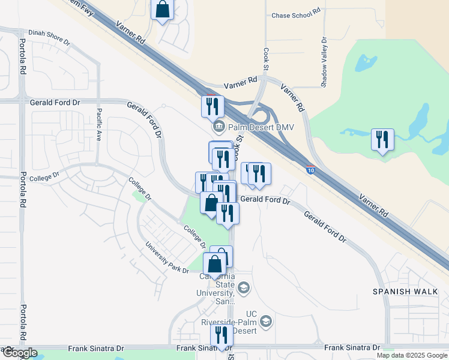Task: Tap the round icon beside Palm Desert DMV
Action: [218, 127]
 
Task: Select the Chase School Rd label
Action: [293, 16]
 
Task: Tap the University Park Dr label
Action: [166, 258]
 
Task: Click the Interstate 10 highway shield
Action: [310, 170]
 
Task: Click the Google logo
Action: [19, 353]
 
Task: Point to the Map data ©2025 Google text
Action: [411, 355]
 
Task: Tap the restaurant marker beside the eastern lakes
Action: [382, 140]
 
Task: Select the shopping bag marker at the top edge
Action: [162, 10]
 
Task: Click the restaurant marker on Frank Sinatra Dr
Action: [221, 336]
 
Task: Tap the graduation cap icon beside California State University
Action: [243, 289]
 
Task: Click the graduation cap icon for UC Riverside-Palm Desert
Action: [267, 322]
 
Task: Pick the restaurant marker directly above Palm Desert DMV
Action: [212, 107]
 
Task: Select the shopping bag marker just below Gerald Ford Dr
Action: [211, 203]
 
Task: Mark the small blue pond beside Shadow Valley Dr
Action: [364, 62]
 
